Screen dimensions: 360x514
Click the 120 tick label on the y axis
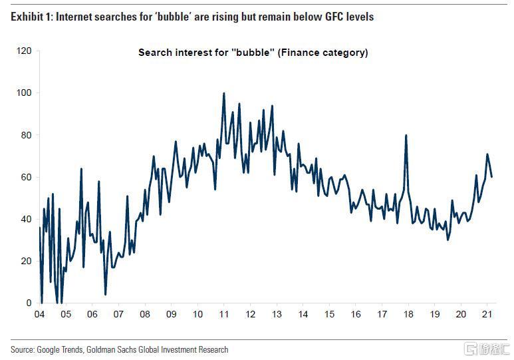(24, 51)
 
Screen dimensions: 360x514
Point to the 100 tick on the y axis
(24, 92)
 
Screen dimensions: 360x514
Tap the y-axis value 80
(26, 135)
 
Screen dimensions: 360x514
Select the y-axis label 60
(26, 177)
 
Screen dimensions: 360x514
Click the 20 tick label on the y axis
(26, 261)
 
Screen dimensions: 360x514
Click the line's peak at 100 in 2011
(223, 94)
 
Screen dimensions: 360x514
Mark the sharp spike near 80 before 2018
(406, 136)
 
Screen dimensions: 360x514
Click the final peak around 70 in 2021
(487, 154)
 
